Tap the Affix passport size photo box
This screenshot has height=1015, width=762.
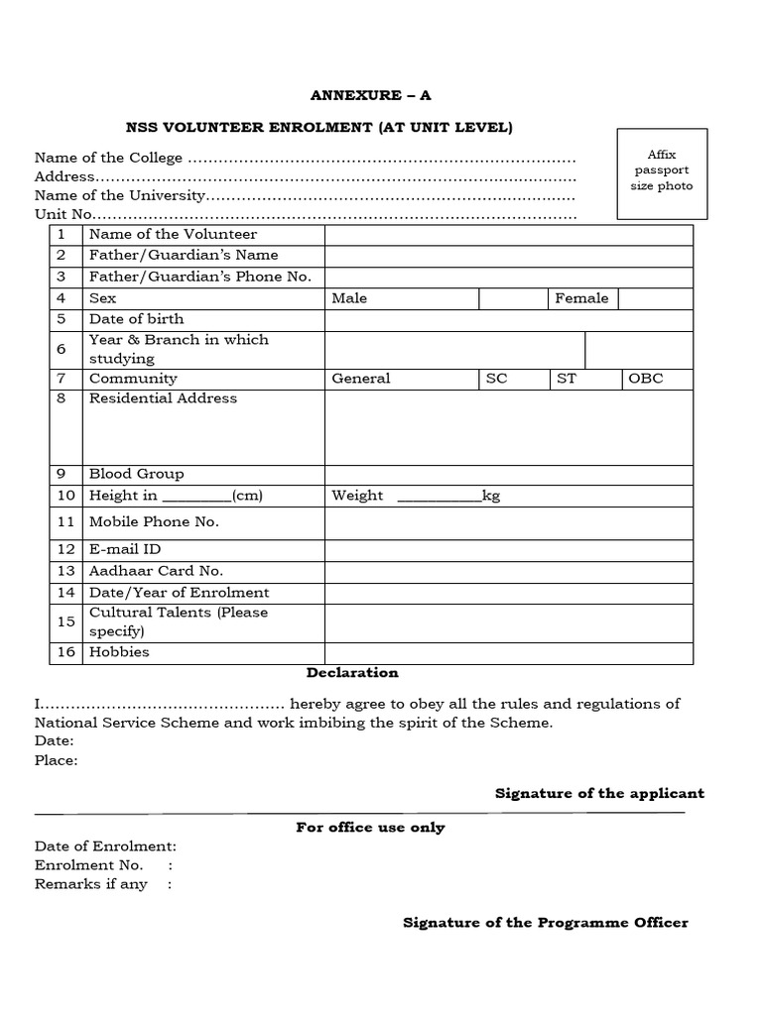tap(662, 172)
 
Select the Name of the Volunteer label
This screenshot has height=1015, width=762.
tap(173, 235)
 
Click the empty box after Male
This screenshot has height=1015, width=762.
tap(513, 298)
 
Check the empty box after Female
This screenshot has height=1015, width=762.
tap(656, 298)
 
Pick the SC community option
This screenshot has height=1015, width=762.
tap(496, 379)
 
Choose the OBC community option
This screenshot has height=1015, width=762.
tap(646, 379)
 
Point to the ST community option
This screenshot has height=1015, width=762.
tap(566, 379)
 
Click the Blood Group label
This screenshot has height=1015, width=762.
tap(136, 474)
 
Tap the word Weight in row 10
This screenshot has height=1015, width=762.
tap(357, 496)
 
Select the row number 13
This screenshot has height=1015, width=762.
tap(66, 571)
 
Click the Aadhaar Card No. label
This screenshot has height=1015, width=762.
tap(156, 571)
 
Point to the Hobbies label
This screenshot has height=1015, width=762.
tap(119, 652)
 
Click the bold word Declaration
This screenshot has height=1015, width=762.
tap(352, 673)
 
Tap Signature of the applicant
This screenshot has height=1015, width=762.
tap(599, 793)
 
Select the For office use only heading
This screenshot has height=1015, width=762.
tap(370, 828)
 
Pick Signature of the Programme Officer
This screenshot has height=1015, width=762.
tap(545, 923)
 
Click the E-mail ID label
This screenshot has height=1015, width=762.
tap(125, 549)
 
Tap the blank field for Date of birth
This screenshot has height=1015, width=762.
tap(509, 319)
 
